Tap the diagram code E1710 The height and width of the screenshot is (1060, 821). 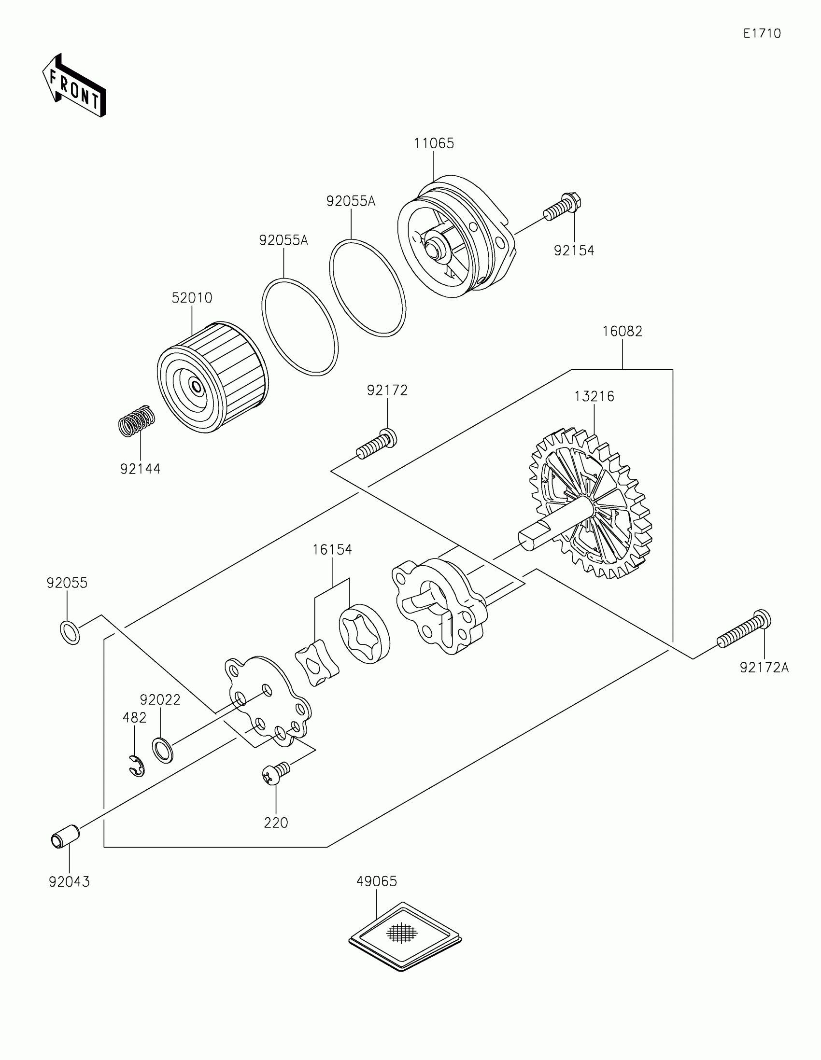click(x=762, y=33)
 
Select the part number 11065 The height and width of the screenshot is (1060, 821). click(x=434, y=144)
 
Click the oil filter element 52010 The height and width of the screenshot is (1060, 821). click(x=212, y=377)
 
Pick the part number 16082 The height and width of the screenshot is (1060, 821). click(x=622, y=332)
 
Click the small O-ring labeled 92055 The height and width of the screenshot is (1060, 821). click(x=70, y=631)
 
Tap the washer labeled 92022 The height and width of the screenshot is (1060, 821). click(x=163, y=750)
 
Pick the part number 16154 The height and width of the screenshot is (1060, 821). click(x=332, y=550)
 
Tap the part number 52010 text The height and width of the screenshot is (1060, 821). click(x=192, y=298)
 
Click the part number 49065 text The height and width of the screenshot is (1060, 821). click(x=377, y=880)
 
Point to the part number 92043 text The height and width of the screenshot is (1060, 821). click(x=69, y=882)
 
